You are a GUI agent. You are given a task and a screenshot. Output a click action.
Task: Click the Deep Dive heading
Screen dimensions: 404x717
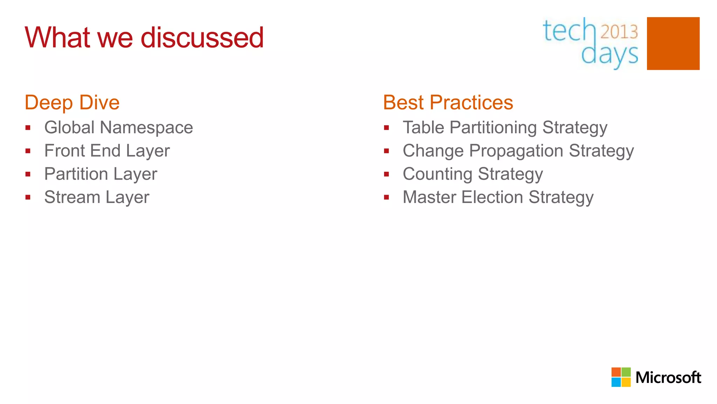pyautogui.click(x=72, y=102)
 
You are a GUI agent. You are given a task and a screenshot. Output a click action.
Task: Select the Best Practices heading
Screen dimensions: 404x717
pyautogui.click(x=448, y=102)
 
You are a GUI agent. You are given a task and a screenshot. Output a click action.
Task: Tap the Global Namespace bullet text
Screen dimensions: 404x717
pyautogui.click(x=118, y=127)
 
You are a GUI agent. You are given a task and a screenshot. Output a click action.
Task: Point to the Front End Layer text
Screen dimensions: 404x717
pyautogui.click(x=107, y=151)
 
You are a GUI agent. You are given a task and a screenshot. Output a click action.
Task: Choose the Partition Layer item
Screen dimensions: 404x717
pyautogui.click(x=101, y=174)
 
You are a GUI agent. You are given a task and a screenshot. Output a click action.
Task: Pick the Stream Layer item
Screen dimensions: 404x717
pyautogui.click(x=97, y=197)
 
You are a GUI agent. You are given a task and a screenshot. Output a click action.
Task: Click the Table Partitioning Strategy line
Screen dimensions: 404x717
pyautogui.click(x=505, y=127)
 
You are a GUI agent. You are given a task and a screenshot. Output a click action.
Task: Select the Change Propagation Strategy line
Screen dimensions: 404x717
pyautogui.click(x=518, y=151)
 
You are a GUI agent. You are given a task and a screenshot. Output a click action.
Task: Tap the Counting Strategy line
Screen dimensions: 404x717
pyautogui.click(x=473, y=174)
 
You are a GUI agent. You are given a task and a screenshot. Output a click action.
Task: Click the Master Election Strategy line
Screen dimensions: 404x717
pyautogui.click(x=498, y=197)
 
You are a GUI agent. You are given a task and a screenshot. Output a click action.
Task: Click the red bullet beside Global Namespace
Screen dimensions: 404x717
pyautogui.click(x=28, y=128)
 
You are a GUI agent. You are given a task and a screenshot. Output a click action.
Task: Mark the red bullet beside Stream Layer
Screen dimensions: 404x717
pyautogui.click(x=28, y=197)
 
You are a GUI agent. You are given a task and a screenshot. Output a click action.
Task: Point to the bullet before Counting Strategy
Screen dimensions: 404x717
pyautogui.click(x=387, y=174)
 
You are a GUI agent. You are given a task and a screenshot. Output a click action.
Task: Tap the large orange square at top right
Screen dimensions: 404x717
pyautogui.click(x=673, y=43)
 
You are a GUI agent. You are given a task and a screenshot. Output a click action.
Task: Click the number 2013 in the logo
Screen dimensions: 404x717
pyautogui.click(x=619, y=32)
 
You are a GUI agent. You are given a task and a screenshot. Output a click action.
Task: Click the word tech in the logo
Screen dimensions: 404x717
pyautogui.click(x=569, y=31)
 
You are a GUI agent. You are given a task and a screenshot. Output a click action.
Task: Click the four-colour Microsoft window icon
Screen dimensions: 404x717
pyautogui.click(x=621, y=377)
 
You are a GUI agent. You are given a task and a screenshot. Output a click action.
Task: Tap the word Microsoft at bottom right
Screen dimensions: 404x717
pyautogui.click(x=668, y=378)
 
